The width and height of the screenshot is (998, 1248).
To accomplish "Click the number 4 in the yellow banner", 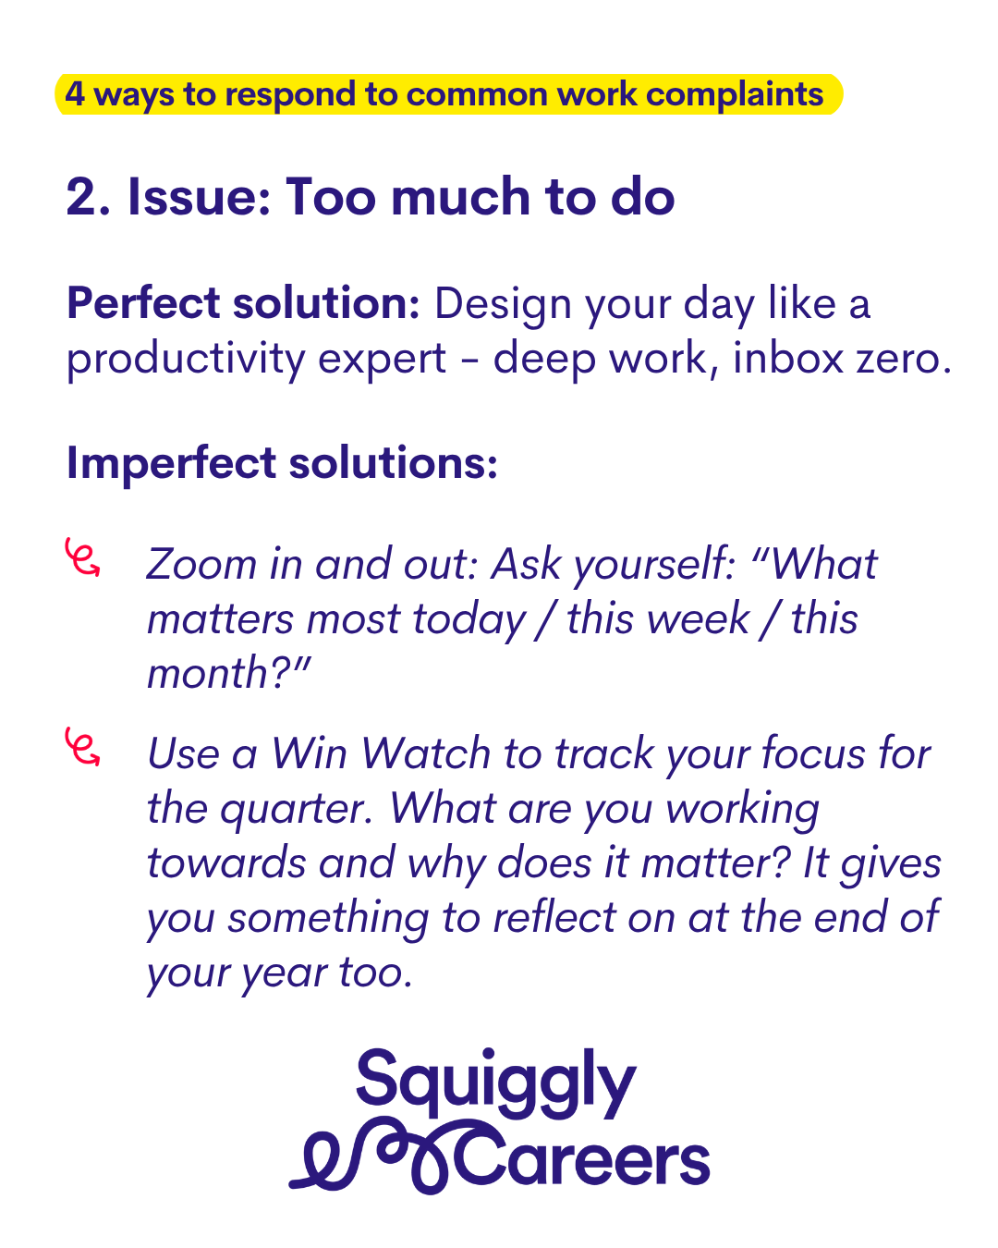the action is [x=75, y=94].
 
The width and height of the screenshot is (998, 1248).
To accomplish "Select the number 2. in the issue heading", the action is [x=88, y=197].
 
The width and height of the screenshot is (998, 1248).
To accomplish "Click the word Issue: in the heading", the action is [x=199, y=197].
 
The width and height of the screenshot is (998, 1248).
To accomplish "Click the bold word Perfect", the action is [x=143, y=302].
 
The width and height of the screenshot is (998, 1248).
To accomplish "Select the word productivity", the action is [x=186, y=360].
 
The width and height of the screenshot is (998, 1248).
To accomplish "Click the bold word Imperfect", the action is [x=172, y=464].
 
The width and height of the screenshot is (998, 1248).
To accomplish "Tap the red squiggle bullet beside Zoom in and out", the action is [x=82, y=557].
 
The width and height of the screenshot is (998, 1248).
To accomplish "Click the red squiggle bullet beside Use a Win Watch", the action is [x=82, y=746].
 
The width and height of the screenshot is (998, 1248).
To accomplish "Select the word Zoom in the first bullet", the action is [x=201, y=563].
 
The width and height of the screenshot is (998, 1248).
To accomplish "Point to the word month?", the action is [x=229, y=673].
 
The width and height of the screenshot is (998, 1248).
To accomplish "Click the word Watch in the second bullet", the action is [x=426, y=753].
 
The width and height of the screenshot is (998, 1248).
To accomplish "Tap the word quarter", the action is [x=297, y=810].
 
